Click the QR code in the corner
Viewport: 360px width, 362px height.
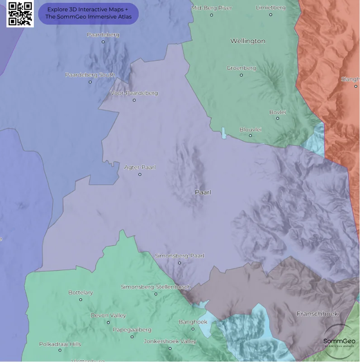(20, 14)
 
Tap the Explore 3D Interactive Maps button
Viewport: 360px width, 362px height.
(88, 14)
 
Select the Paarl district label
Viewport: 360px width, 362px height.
(203, 192)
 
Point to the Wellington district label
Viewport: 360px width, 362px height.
(248, 41)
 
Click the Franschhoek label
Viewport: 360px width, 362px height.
(317, 314)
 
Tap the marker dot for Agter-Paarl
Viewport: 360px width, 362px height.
(140, 174)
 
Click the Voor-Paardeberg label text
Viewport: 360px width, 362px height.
(134, 93)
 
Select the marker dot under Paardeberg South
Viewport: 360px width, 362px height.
(90, 82)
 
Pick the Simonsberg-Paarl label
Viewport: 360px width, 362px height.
(180, 256)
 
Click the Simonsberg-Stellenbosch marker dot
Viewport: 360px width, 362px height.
(156, 294)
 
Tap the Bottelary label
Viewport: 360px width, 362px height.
(81, 293)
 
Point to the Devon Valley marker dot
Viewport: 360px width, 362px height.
(108, 323)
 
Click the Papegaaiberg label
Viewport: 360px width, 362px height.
(132, 330)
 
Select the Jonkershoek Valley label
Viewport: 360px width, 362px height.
(170, 341)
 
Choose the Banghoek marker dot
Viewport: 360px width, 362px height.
(193, 329)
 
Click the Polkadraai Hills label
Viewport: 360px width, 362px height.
(60, 344)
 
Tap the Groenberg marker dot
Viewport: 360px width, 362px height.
(241, 75)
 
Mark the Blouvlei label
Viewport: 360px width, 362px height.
(250, 129)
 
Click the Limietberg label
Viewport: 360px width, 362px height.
(270, 8)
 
